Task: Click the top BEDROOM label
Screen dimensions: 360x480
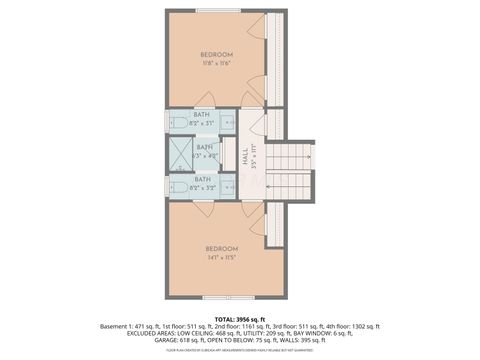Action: tap(216, 53)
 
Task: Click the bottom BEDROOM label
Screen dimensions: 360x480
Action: tap(221, 248)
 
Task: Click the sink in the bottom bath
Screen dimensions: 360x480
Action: tap(227, 187)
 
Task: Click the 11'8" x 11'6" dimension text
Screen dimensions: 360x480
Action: tap(216, 63)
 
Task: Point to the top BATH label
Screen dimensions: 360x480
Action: tap(203, 115)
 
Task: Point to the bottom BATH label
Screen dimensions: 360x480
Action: tap(203, 179)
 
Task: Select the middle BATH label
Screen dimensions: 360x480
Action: tap(205, 147)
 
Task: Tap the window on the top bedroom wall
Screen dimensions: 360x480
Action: tap(211, 11)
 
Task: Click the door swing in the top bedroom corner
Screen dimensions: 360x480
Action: tap(258, 24)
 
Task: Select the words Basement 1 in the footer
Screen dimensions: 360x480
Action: tap(120, 325)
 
